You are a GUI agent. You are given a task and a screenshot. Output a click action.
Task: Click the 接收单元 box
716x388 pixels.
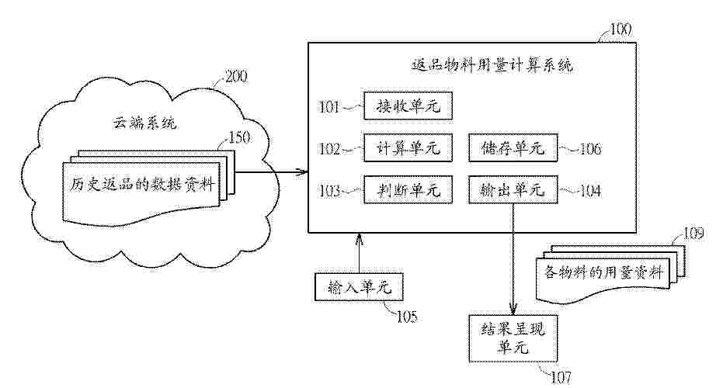(408, 106)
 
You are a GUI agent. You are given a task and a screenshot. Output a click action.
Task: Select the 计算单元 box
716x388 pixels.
(408, 148)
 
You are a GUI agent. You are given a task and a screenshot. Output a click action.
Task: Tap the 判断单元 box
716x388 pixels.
(408, 189)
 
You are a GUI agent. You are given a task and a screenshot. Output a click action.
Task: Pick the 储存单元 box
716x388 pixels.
(513, 148)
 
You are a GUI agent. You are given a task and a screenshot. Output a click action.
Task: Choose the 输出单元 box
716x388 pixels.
(513, 189)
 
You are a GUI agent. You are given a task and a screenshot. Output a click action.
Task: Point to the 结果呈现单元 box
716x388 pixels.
(513, 339)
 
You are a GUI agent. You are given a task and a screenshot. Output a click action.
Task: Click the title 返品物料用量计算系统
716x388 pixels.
(491, 66)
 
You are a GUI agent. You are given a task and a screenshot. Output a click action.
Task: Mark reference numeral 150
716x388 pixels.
(240, 138)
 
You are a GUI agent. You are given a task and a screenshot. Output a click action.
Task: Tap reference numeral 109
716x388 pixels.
(694, 232)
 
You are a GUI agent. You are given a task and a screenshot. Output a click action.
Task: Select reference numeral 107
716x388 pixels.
(561, 378)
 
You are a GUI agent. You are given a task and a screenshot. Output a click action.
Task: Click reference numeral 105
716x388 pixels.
(406, 316)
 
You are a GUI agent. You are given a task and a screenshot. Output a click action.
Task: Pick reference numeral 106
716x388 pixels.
(589, 149)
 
